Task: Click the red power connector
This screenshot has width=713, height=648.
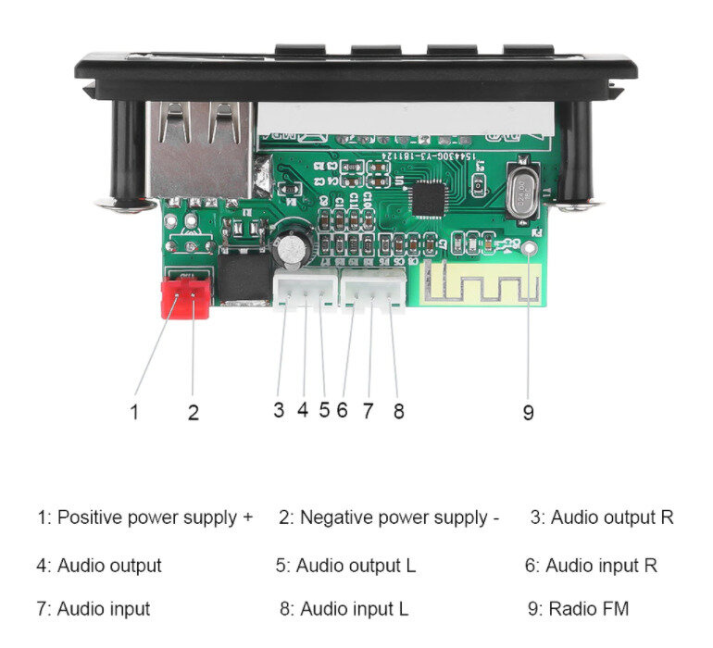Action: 185,296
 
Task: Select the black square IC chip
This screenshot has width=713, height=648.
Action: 427,198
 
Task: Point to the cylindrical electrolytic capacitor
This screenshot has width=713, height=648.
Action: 292,245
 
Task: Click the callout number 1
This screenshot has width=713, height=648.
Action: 134,412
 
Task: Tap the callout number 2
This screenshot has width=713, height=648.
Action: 193,413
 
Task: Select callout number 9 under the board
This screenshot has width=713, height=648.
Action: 528,413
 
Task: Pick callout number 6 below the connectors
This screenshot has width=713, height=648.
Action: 342,410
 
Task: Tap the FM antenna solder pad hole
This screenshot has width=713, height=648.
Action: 530,248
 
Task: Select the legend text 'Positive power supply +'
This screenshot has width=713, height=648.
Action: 145,517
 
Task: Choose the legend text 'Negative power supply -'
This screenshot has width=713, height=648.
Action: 389,517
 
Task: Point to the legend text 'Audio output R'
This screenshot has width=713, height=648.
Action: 602,517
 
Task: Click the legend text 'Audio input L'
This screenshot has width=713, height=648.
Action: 344,609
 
